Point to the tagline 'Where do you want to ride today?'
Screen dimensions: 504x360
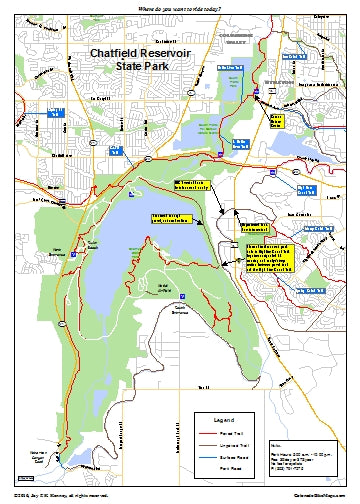tap(179, 7)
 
